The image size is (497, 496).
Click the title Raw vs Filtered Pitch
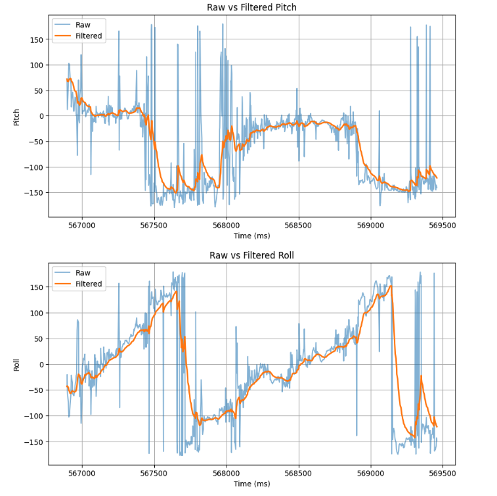tap(251, 7)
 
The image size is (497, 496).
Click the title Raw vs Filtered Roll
tap(251, 255)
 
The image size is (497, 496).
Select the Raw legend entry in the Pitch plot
tap(83, 25)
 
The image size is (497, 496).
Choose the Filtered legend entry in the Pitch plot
tap(89, 36)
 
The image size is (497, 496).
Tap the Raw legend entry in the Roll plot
tap(83, 273)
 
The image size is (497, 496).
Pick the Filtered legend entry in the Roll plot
tap(89, 284)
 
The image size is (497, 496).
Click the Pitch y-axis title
tap(17, 117)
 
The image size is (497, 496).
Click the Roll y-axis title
tap(17, 365)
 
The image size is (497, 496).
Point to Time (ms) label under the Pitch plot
tap(251, 236)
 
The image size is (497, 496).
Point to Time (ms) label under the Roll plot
tap(251, 484)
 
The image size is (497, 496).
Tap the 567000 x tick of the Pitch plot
tap(82, 224)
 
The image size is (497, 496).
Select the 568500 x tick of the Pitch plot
tap(299, 224)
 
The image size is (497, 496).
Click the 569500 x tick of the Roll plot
tap(442, 472)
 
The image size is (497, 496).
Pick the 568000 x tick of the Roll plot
tap(227, 472)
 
